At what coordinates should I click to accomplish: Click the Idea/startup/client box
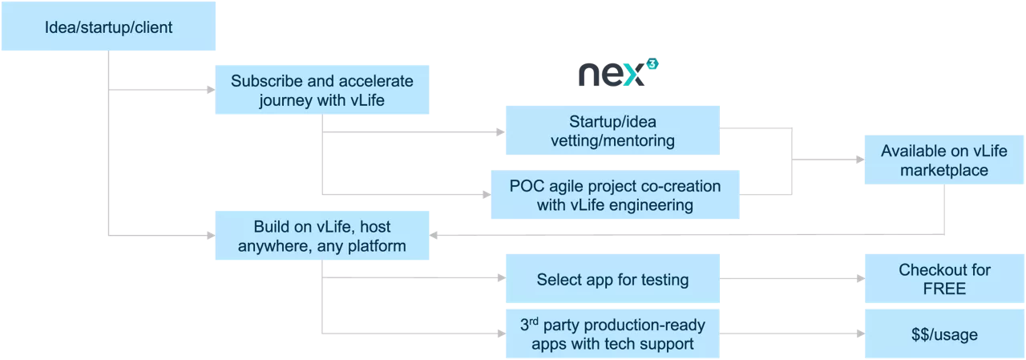[108, 28]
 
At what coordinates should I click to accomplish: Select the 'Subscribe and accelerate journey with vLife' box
[322, 91]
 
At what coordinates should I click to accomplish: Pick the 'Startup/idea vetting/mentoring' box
[612, 131]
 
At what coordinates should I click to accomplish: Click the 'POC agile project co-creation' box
[615, 195]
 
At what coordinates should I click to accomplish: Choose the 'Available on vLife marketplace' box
[943, 160]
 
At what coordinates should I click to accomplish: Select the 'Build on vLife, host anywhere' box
[322, 236]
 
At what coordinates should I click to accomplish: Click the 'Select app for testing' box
[612, 279]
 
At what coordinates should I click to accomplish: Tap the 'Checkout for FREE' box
[944, 279]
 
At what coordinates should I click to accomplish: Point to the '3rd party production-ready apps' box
[612, 334]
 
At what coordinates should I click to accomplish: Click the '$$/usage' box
[944, 334]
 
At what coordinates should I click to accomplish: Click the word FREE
[944, 289]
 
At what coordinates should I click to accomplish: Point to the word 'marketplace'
[943, 170]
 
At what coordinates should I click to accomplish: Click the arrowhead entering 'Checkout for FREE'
[860, 279]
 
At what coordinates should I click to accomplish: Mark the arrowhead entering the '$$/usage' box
[860, 334]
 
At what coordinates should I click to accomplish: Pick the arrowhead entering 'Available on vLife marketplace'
[859, 160]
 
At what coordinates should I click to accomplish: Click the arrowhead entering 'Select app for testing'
[501, 278]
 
